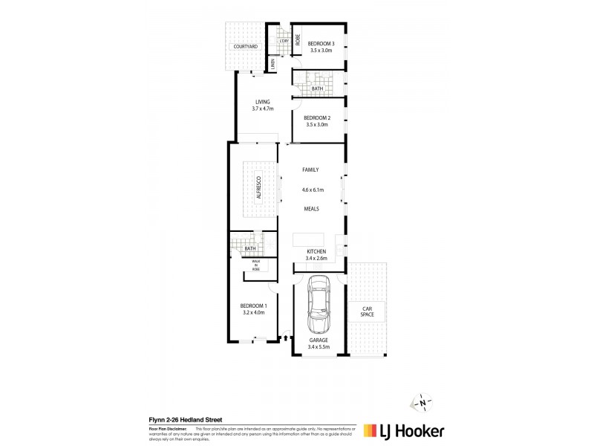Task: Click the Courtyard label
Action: click(245, 47)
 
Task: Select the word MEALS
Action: click(310, 210)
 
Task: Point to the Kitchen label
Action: click(317, 252)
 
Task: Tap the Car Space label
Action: click(367, 311)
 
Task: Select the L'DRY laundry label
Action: click(283, 40)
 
